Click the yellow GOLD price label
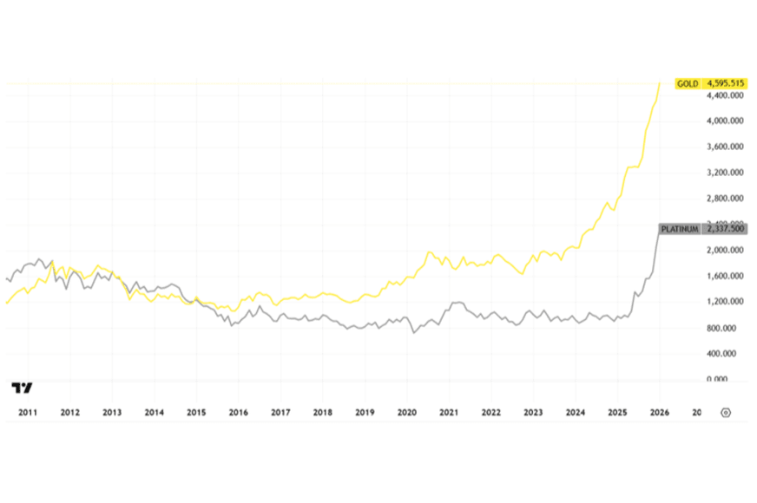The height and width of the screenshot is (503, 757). pyautogui.click(x=688, y=83)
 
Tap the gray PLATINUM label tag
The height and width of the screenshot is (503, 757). pyautogui.click(x=680, y=229)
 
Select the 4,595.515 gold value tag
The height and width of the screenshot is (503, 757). pyautogui.click(x=726, y=83)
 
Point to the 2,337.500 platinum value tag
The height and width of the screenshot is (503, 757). pyautogui.click(x=726, y=229)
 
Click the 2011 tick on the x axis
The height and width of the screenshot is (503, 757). pyautogui.click(x=27, y=413)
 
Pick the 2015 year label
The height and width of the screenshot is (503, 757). pyautogui.click(x=196, y=413)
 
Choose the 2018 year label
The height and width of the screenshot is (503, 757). pyautogui.click(x=322, y=413)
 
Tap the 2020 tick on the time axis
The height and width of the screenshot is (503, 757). pyautogui.click(x=406, y=413)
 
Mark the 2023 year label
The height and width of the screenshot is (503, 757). pyautogui.click(x=533, y=413)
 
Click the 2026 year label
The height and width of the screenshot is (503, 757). pyautogui.click(x=659, y=413)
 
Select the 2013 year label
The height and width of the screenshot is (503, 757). pyautogui.click(x=112, y=413)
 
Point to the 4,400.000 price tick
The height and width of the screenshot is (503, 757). pyautogui.click(x=726, y=95)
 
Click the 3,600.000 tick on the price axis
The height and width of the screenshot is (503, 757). pyautogui.click(x=726, y=147)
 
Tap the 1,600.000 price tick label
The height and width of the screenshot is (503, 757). pyautogui.click(x=726, y=277)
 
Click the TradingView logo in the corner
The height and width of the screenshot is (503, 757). pyautogui.click(x=23, y=388)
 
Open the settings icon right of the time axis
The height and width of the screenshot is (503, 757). pyautogui.click(x=726, y=413)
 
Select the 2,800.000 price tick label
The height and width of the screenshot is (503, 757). pyautogui.click(x=726, y=199)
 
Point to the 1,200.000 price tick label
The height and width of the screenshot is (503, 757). pyautogui.click(x=726, y=302)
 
